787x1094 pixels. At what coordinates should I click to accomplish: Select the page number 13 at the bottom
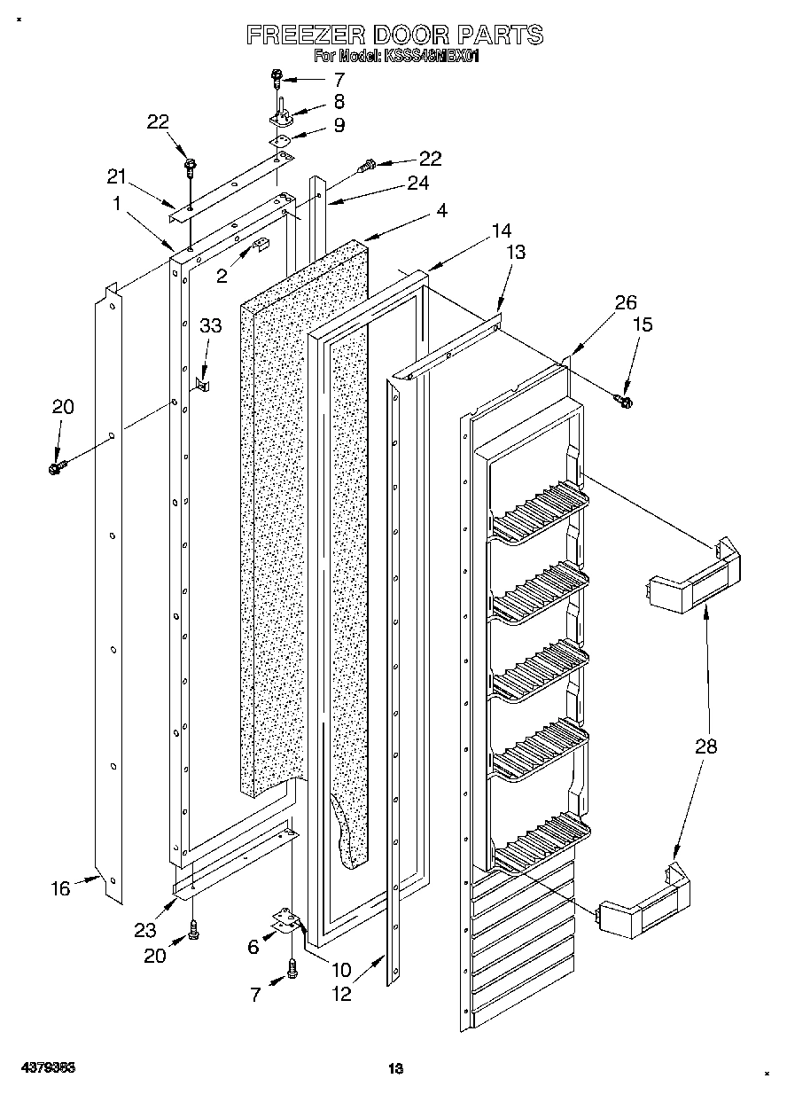395,1070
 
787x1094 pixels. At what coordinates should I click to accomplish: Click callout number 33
210,326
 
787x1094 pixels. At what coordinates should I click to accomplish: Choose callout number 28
705,746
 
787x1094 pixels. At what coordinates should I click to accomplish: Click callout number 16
59,887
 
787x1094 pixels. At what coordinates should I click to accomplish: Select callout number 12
340,994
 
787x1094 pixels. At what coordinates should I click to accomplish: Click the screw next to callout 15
623,402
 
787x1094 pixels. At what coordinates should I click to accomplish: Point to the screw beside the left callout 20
58,465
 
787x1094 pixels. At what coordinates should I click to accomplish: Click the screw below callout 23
194,929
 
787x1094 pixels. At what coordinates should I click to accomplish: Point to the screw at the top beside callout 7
277,79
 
